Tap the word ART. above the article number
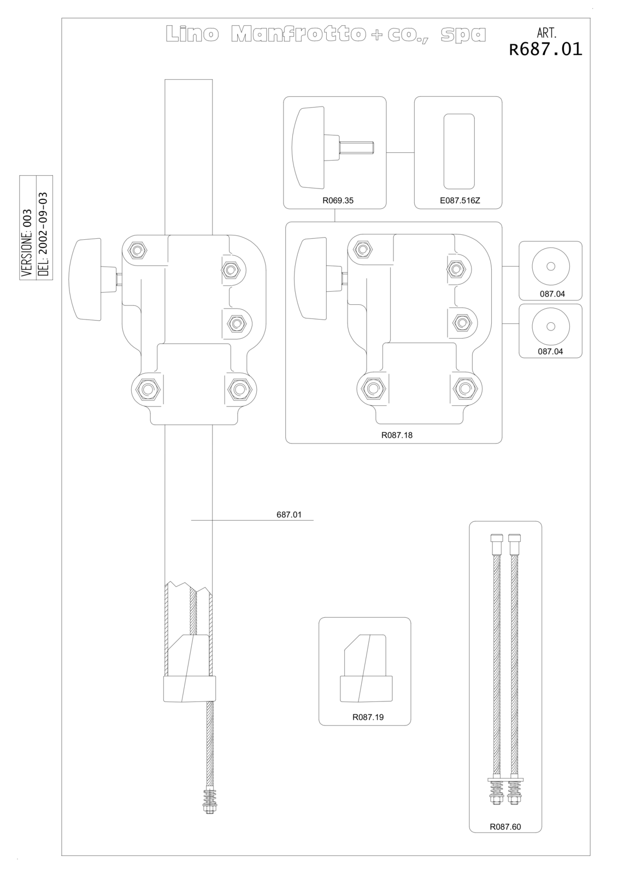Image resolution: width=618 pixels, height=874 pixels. point(546,32)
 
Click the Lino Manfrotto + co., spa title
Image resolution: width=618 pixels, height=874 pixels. point(326,34)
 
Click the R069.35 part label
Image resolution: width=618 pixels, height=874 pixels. point(338,200)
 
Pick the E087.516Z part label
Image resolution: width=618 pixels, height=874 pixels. point(460,200)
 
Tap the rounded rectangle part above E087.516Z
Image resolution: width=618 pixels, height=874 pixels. point(459,152)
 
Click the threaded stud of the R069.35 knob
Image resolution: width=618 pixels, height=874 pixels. point(357,147)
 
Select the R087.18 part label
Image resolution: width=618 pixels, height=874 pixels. point(397,435)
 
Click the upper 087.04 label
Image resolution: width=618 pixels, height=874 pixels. point(552,294)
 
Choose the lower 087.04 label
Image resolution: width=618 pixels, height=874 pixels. point(550,351)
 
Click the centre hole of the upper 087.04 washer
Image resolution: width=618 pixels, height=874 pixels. point(551,267)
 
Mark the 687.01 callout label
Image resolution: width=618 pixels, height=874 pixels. point(289,514)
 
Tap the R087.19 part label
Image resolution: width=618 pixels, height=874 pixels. point(368,717)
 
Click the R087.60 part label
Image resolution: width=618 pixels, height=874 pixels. point(505,826)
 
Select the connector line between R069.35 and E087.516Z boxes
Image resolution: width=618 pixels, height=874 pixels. point(400,152)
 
